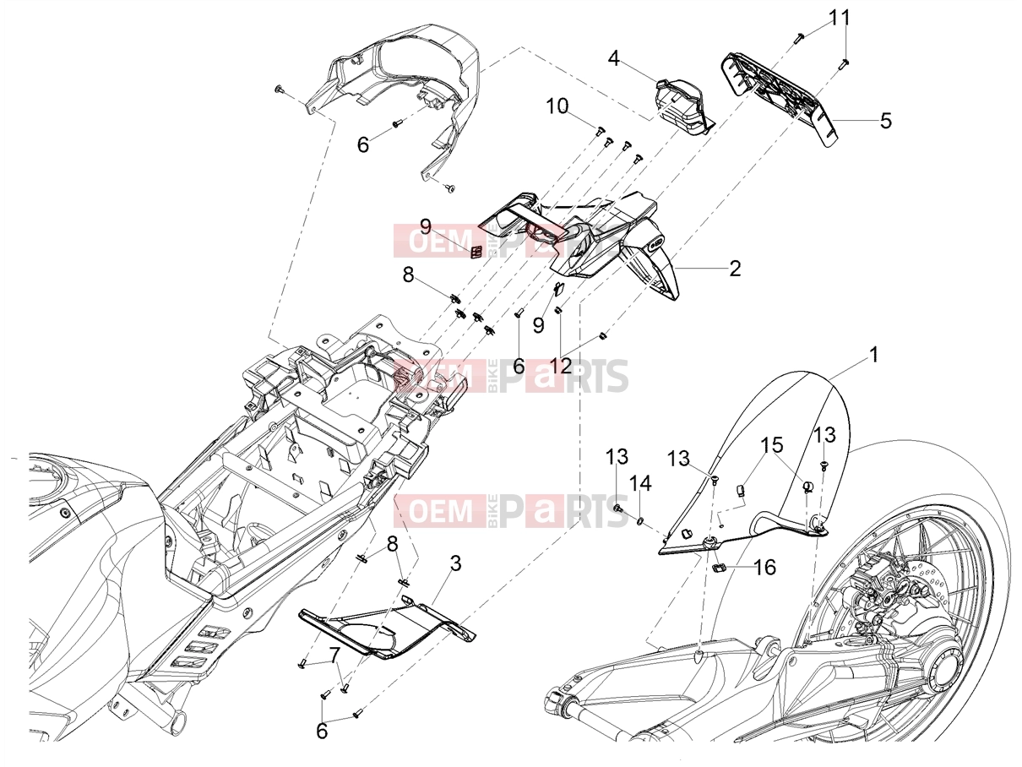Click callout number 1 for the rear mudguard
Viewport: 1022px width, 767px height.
click(874, 356)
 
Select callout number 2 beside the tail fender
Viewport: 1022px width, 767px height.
click(735, 269)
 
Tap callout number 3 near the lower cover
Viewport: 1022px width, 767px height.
click(455, 563)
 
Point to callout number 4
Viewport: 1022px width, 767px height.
click(614, 58)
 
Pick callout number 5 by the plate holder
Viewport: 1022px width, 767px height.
click(885, 121)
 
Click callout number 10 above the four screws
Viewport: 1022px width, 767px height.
click(557, 106)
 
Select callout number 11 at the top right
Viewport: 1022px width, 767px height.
click(840, 18)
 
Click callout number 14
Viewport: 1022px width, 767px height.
click(641, 483)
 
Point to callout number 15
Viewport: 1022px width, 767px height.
click(772, 444)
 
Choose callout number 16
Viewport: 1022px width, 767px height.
click(764, 568)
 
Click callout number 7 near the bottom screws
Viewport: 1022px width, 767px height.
click(333, 655)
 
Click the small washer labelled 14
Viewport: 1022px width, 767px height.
click(640, 520)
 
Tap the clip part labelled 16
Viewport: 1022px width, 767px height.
click(720, 567)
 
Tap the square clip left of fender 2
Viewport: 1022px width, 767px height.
click(476, 253)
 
